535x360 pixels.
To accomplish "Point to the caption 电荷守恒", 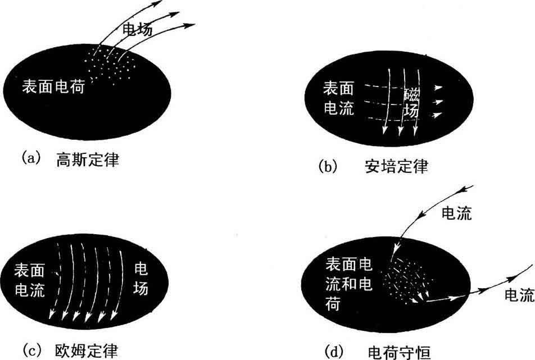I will click(x=398, y=352).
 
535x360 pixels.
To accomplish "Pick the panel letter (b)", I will click(x=328, y=166).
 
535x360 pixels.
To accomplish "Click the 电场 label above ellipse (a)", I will click(x=137, y=31).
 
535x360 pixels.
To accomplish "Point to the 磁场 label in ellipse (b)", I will click(x=411, y=103).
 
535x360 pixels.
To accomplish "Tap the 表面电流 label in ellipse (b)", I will click(x=339, y=98).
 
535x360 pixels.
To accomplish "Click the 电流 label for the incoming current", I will click(x=457, y=213).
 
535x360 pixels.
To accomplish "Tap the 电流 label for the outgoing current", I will click(x=519, y=294).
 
